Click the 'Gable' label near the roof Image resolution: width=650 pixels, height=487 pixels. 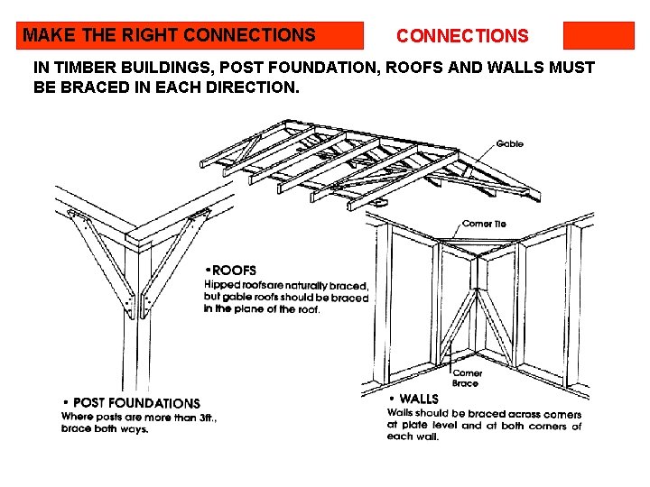pos(509,144)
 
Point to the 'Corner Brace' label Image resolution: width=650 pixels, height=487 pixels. pos(466,378)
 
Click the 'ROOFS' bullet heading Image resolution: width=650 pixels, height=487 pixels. pos(235,271)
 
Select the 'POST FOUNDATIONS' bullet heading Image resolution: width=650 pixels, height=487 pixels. pos(135,403)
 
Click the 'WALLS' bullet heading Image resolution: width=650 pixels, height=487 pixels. pos(418,399)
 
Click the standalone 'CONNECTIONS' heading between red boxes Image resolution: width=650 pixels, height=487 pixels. pos(462,37)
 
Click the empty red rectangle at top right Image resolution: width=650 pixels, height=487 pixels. pos(599,36)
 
